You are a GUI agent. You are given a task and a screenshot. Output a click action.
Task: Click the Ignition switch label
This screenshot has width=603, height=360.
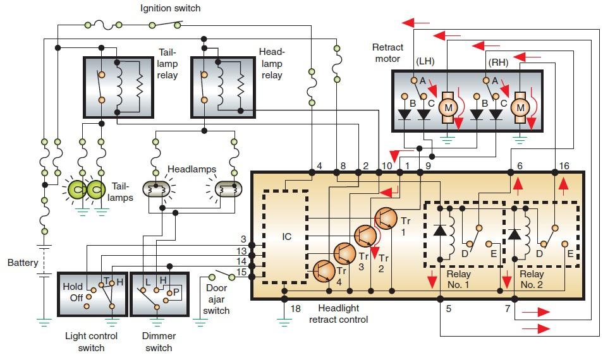(170, 8)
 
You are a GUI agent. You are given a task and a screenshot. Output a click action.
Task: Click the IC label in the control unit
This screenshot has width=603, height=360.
(286, 238)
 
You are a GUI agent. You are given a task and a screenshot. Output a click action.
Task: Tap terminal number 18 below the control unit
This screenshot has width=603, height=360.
(296, 308)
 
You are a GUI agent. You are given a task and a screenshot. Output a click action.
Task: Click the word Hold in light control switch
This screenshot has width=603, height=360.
(72, 286)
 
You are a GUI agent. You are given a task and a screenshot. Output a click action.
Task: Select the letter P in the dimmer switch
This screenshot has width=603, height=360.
(177, 291)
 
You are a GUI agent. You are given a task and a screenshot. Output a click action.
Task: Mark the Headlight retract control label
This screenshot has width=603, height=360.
(338, 314)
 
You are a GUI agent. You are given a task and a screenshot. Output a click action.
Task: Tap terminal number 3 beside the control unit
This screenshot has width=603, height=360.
(243, 239)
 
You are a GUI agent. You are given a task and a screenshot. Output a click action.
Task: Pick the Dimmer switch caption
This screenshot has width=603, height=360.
(159, 342)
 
